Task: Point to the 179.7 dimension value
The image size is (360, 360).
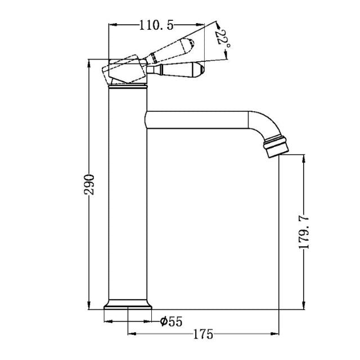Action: pyautogui.click(x=304, y=231)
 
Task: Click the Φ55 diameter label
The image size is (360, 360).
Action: pyautogui.click(x=171, y=322)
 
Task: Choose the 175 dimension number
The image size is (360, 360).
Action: pyautogui.click(x=203, y=335)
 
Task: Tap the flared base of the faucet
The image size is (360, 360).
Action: pyautogui.click(x=128, y=306)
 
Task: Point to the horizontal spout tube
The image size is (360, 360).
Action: pyautogui.click(x=197, y=119)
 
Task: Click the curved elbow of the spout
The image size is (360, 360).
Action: pyautogui.click(x=261, y=124)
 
